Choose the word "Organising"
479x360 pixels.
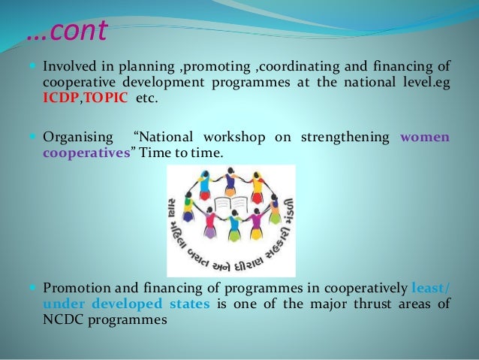pos(77,137)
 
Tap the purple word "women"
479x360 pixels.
pos(425,137)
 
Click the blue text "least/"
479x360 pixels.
pos(431,287)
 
